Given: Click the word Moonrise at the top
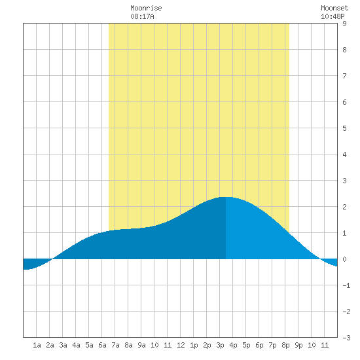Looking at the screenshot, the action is (x=146, y=8).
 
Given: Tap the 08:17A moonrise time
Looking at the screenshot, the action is (x=142, y=16).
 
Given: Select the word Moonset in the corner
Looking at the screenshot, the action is (x=334, y=8).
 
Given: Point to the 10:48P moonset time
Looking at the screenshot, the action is (x=333, y=16).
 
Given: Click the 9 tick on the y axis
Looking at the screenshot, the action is (x=344, y=24).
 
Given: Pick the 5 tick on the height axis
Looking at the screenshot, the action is (x=344, y=128).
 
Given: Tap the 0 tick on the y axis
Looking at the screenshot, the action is (x=344, y=259).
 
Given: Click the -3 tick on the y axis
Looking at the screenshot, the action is (x=346, y=338).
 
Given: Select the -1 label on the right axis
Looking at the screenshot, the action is (x=346, y=285).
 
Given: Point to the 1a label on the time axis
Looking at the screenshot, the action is (x=37, y=345).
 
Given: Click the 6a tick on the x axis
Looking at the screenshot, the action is (x=102, y=345).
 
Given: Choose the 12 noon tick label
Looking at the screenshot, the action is (x=181, y=345).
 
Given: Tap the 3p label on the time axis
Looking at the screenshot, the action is (x=220, y=345).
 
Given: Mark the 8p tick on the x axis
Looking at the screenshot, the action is (x=285, y=345).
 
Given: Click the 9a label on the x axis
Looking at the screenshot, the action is (x=141, y=345).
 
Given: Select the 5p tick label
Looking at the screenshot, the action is (x=246, y=345).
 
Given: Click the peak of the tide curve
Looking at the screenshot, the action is (x=226, y=197).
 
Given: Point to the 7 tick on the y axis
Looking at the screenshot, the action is (x=344, y=76).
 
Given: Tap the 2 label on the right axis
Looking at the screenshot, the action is (x=344, y=207).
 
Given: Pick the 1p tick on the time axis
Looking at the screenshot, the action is (x=194, y=345).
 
